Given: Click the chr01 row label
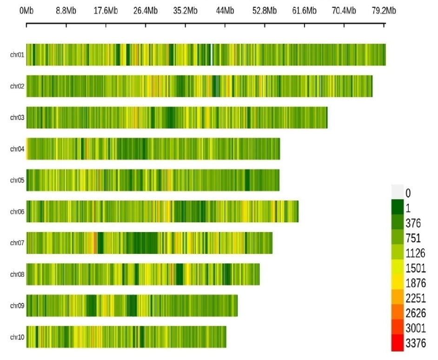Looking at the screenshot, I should coord(17,55).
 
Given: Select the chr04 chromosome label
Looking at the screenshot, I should coord(17,149).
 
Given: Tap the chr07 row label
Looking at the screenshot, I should coord(17,243).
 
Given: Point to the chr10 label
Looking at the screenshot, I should coord(17,337).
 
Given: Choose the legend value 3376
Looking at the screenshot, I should coord(415,344).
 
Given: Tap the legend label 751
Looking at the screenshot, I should coord(413,239).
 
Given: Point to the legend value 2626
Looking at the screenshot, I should coord(415,313).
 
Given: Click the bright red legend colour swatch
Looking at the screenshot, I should coord(397,344).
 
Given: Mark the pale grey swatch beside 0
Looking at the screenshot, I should coord(397,192).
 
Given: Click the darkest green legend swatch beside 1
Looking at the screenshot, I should coord(397,207).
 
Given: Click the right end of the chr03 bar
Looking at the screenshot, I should coord(326,118).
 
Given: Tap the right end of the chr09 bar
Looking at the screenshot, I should coord(237,306).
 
